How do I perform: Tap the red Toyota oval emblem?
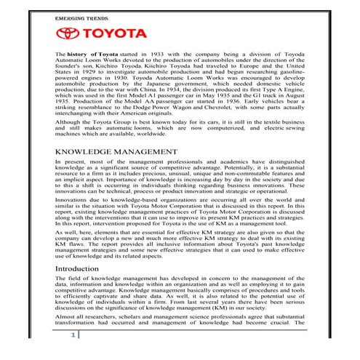[71, 34]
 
